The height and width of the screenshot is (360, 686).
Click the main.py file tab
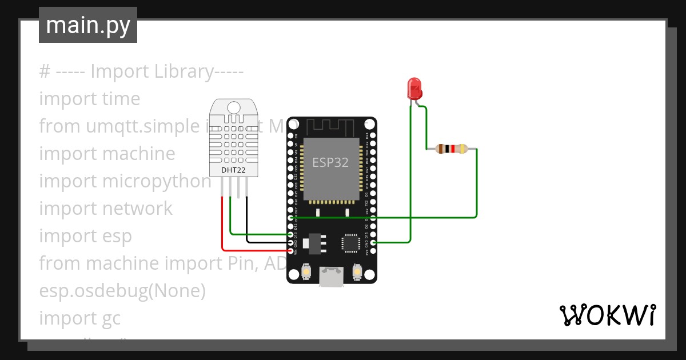(87, 25)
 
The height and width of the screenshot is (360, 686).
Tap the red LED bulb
(414, 89)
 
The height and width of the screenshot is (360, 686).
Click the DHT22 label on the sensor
(233, 170)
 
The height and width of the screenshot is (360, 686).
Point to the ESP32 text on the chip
(330, 162)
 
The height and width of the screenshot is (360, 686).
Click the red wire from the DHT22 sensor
(222, 229)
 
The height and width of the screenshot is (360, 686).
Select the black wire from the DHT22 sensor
(247, 223)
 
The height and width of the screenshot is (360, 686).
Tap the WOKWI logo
(607, 315)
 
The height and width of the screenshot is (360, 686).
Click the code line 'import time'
(90, 99)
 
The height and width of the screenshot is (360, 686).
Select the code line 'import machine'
(107, 154)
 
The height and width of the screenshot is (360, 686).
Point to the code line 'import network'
(106, 209)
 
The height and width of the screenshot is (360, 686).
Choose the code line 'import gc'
(80, 318)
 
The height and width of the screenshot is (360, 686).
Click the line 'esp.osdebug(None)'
(122, 291)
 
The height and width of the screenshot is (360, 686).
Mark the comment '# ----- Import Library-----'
(141, 71)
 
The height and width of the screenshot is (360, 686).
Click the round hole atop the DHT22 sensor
(233, 107)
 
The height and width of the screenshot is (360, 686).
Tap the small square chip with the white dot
(350, 243)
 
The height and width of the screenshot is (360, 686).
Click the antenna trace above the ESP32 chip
(331, 126)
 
